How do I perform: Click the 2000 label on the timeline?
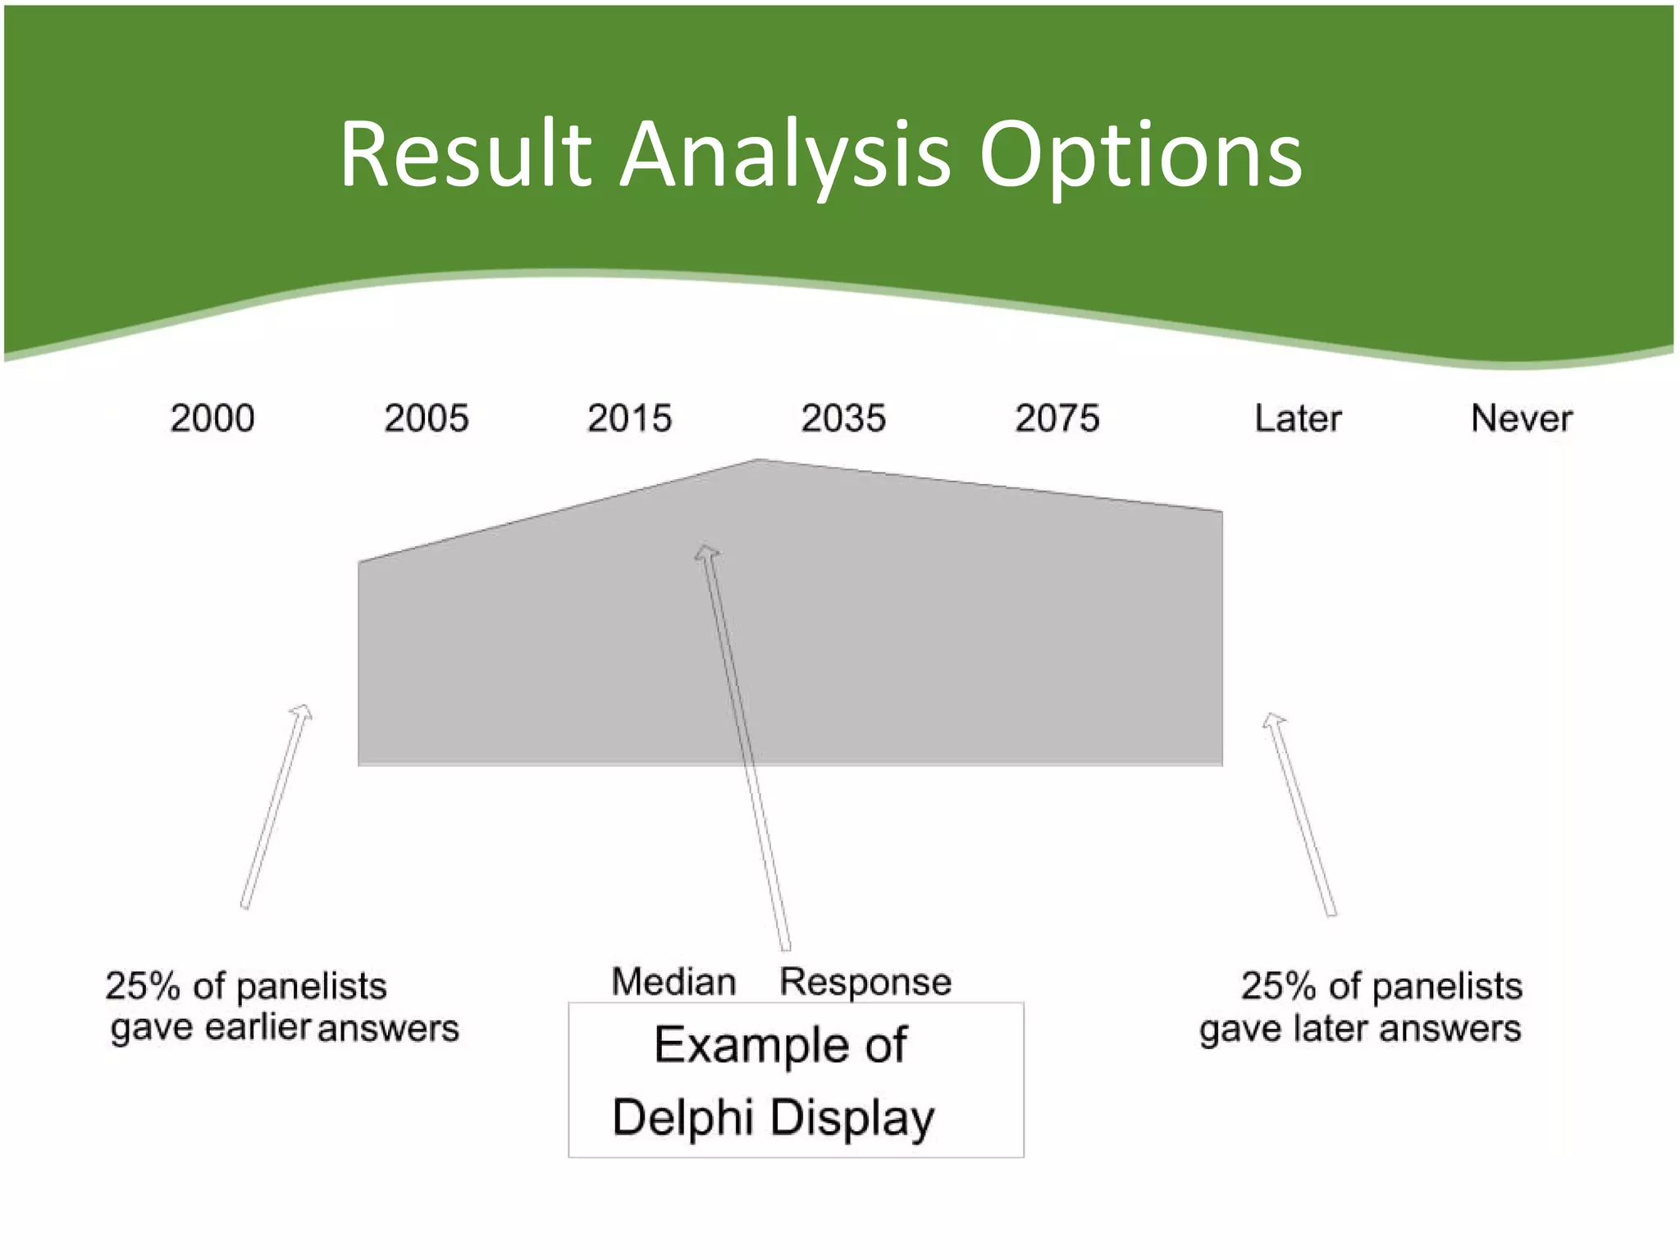[x=212, y=418]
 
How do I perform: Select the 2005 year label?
[x=427, y=418]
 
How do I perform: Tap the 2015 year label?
[x=629, y=418]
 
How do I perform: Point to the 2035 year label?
[x=843, y=418]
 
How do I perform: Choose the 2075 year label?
[x=1057, y=418]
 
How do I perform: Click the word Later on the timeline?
[x=1298, y=418]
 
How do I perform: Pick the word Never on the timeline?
[x=1522, y=418]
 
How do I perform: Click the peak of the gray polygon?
[x=760, y=461]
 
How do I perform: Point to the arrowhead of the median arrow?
[x=706, y=551]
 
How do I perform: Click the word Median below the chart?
[x=673, y=982]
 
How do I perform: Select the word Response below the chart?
[x=865, y=982]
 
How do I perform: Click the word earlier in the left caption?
[x=257, y=1028]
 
